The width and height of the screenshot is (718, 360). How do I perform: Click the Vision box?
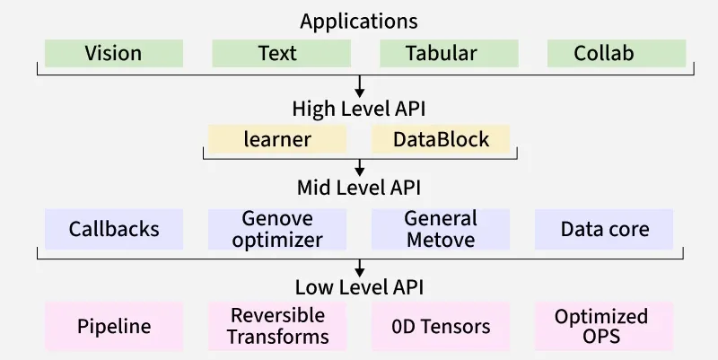click(114, 53)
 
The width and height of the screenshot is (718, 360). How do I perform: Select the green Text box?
click(281, 53)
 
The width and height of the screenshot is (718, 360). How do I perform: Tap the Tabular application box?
click(449, 53)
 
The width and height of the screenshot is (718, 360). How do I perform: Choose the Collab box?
click(617, 53)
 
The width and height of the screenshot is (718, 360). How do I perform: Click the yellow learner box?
click(277, 139)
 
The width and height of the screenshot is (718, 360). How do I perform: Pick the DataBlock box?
click(441, 139)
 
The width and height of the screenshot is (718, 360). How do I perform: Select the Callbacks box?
click(114, 229)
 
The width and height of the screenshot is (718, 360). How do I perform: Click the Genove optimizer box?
click(277, 229)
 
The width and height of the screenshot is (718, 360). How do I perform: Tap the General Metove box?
click(441, 229)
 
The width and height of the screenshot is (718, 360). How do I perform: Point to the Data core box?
click(604, 229)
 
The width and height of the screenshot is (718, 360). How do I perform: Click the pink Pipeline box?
click(114, 326)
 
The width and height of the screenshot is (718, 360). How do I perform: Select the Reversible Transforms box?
click(277, 326)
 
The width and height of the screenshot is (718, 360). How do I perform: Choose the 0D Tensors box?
click(441, 326)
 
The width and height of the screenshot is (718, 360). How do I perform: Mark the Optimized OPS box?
click(604, 326)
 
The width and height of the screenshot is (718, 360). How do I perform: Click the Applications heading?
click(359, 22)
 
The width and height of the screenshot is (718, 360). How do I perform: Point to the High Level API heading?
click(359, 109)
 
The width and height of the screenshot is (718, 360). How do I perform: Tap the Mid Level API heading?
click(359, 188)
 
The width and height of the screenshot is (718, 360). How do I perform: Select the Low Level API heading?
click(359, 287)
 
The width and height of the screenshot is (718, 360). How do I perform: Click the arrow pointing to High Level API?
click(360, 86)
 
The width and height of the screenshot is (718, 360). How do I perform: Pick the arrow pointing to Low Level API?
click(360, 268)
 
